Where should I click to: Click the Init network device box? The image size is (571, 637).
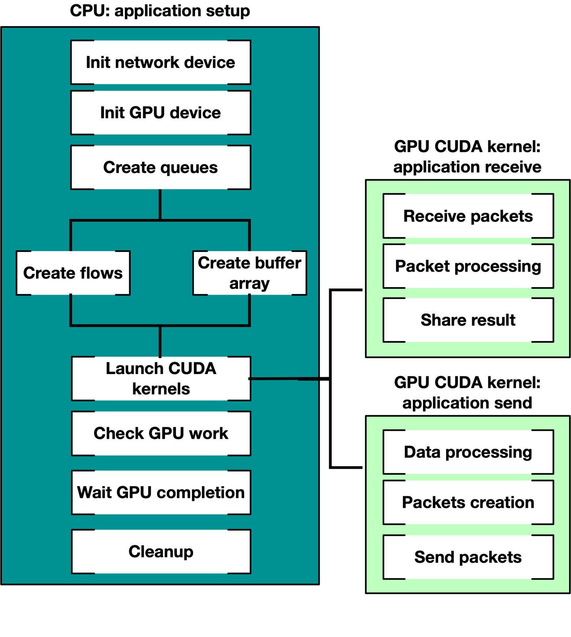[x=161, y=62]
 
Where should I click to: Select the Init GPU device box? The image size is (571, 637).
[x=161, y=113]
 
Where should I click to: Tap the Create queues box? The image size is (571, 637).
[x=161, y=167]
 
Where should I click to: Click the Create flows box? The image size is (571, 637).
[x=73, y=273]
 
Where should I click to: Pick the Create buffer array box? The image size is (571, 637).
[x=249, y=273]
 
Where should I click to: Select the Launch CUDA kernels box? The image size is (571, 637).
[x=161, y=378]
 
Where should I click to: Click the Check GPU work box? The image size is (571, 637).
[x=161, y=433]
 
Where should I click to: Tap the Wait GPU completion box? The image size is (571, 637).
[x=161, y=492]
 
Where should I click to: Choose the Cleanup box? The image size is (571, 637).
[x=161, y=551]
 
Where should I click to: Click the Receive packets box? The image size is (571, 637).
[x=468, y=216]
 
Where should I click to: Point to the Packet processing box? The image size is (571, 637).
[x=468, y=266]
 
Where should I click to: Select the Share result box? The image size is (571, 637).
[x=468, y=320]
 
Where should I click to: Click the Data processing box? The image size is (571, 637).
[x=468, y=452]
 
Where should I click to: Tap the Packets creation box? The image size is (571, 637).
[x=468, y=502]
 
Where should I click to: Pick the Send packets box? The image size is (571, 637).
[x=468, y=557]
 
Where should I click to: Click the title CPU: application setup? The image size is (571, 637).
[x=160, y=11]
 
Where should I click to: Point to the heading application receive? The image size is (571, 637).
[x=467, y=167]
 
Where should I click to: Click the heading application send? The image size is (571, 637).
[x=467, y=403]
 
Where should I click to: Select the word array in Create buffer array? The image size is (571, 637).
[x=249, y=284]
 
